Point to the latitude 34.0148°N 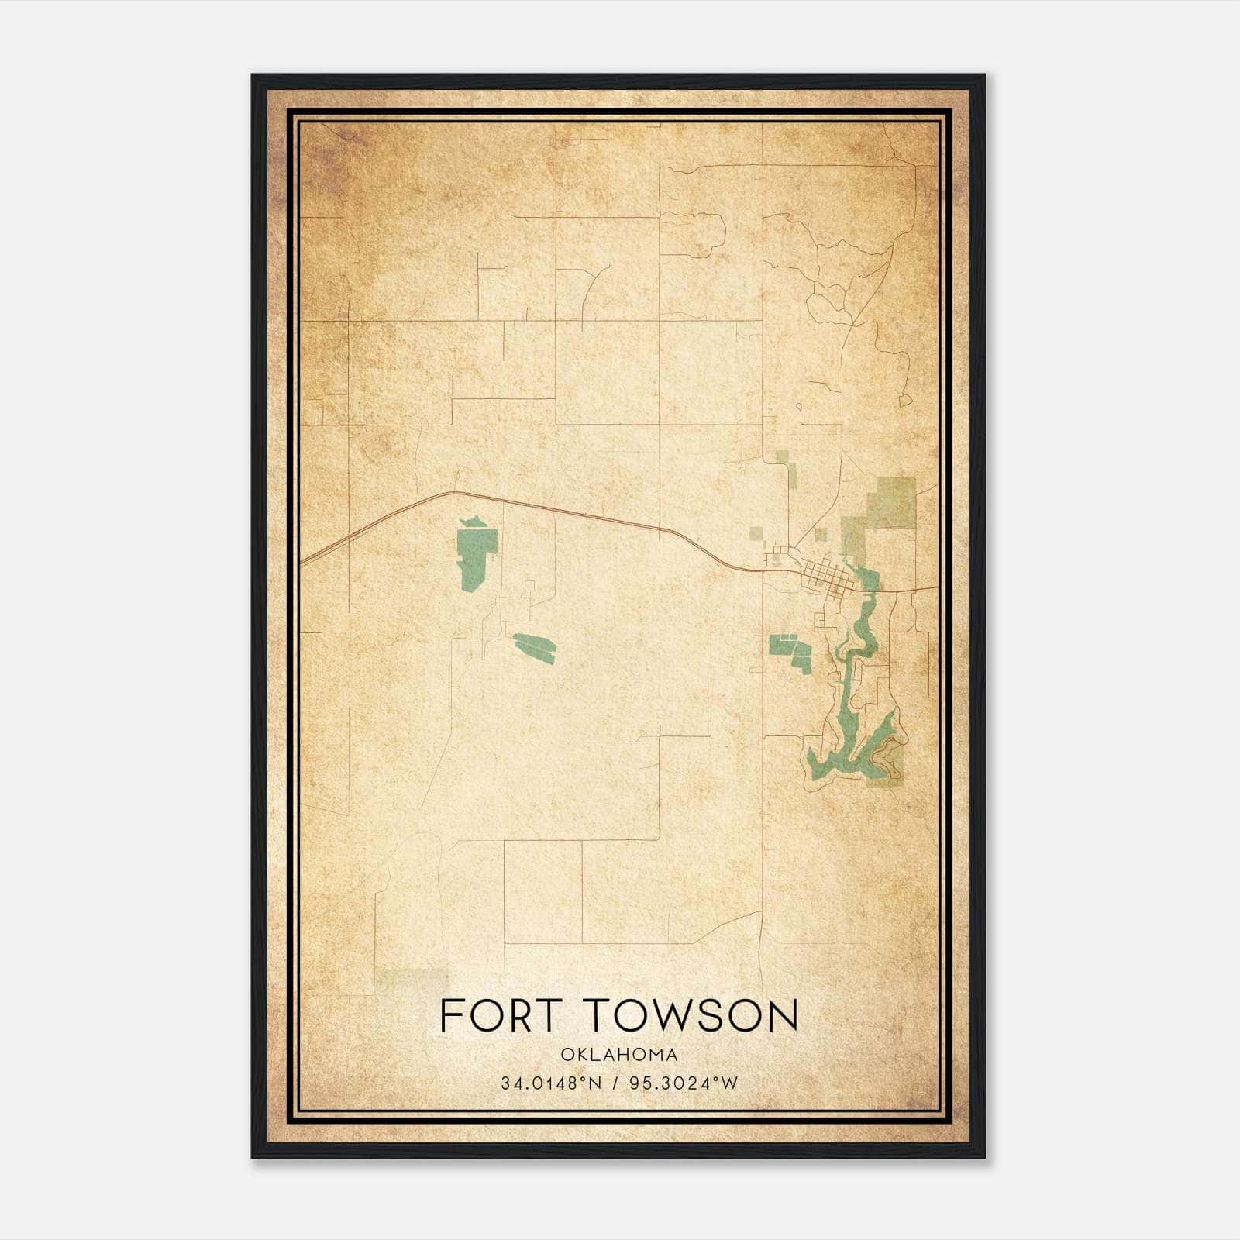point(551,1083)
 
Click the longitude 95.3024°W point(684,1083)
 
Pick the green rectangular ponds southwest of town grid point(789,651)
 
